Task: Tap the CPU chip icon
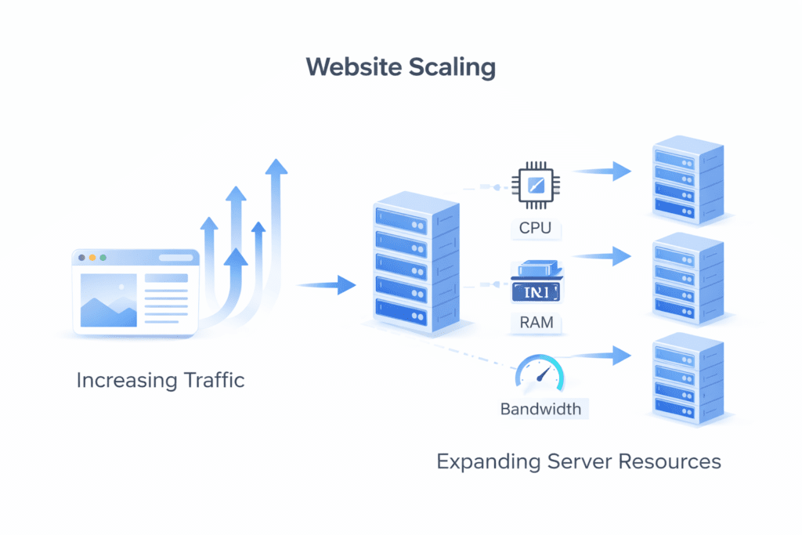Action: [x=536, y=186]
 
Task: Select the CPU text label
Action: [x=536, y=229]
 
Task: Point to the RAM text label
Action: [x=536, y=322]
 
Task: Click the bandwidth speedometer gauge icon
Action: [x=540, y=374]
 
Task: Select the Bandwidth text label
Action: [x=540, y=409]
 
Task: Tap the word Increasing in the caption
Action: [x=123, y=381]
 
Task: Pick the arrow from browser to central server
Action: [x=326, y=285]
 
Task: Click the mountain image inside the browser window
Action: [x=109, y=302]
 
